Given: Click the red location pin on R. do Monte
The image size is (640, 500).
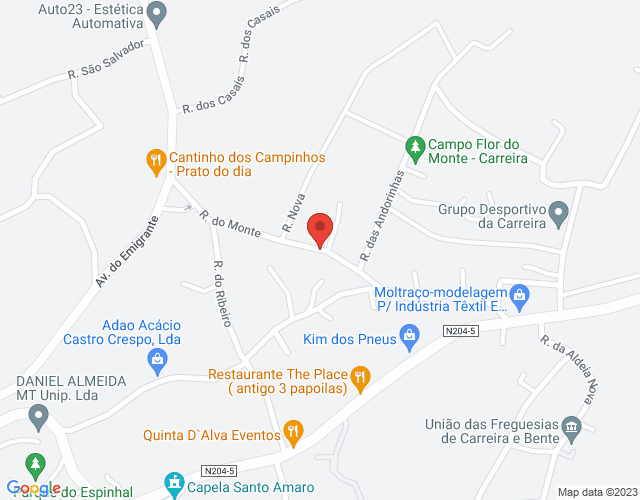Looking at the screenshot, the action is pyautogui.click(x=320, y=229).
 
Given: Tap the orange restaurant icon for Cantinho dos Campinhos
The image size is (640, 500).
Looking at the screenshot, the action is pyautogui.click(x=155, y=160).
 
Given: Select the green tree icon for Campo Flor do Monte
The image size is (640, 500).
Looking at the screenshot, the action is pyautogui.click(x=414, y=147).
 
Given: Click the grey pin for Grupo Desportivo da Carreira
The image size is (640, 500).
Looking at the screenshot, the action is pyautogui.click(x=559, y=213).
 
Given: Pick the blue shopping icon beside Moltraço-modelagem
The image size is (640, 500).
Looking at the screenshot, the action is pyautogui.click(x=519, y=295).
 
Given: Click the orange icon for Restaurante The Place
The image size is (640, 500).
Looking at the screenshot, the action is pyautogui.click(x=361, y=378).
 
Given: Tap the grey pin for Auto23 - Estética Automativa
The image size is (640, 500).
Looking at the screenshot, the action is pyautogui.click(x=156, y=14).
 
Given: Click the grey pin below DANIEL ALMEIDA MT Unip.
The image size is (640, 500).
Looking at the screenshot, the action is pyautogui.click(x=37, y=415).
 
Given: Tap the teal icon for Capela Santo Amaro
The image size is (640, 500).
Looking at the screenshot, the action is pyautogui.click(x=175, y=486).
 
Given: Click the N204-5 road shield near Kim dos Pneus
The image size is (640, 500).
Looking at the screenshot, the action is pyautogui.click(x=462, y=331).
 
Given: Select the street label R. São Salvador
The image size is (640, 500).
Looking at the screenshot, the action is pyautogui.click(x=107, y=60).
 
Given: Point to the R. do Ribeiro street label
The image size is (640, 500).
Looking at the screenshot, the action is pyautogui.click(x=222, y=293).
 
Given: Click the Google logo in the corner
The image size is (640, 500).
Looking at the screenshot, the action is pyautogui.click(x=37, y=488).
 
